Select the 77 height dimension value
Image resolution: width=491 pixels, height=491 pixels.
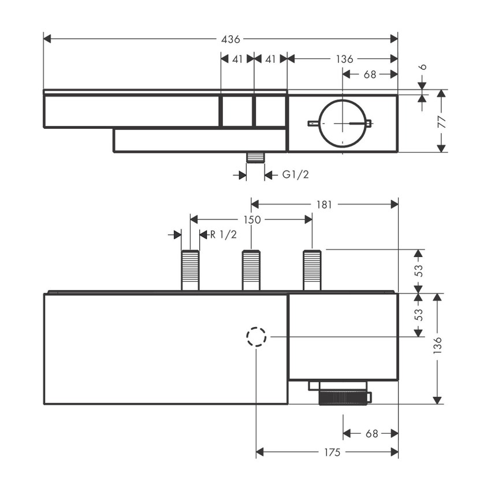click(442, 121)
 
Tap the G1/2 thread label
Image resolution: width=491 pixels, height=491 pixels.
click(295, 174)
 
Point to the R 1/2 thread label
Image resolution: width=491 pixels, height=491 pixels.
click(223, 234)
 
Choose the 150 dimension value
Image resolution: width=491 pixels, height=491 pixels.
click(252, 220)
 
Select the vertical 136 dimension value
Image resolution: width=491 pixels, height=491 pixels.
click(438, 349)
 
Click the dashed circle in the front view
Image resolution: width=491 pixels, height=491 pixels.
click(256, 337)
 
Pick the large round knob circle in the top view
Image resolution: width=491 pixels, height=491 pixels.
click(343, 123)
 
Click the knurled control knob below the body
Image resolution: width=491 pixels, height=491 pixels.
click(343, 398)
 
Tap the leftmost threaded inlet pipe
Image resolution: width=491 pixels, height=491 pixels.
click(190, 270)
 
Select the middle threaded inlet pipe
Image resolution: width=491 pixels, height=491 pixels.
click(251, 270)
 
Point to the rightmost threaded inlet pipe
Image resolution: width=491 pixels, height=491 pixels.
click(312, 270)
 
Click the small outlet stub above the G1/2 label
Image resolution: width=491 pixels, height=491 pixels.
click(255, 157)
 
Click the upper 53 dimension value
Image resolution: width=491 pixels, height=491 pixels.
click(420, 270)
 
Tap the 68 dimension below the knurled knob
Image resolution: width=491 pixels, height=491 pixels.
click(371, 433)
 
